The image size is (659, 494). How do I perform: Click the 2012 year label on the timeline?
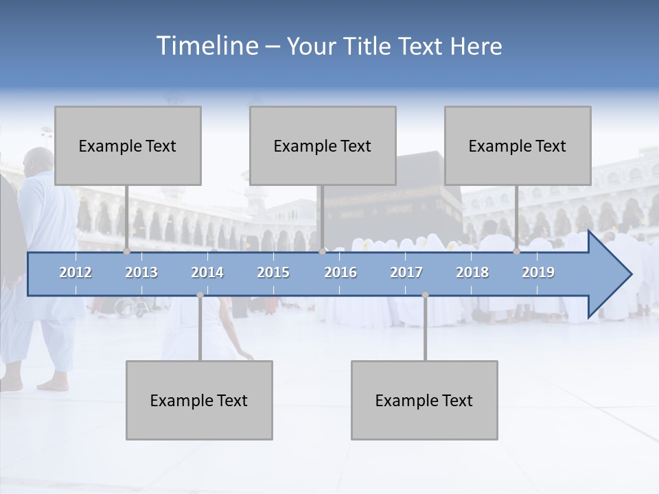[x=76, y=272]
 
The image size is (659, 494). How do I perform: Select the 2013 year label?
[x=141, y=272]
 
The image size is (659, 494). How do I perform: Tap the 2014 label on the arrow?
[x=207, y=272]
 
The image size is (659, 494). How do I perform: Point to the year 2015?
[x=273, y=272]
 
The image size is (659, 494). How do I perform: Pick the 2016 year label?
[x=340, y=272]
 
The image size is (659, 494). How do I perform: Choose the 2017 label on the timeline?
[x=406, y=272]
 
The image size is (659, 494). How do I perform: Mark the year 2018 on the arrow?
[x=472, y=272]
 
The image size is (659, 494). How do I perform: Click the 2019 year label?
[x=538, y=272]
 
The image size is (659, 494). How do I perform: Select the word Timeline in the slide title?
[x=206, y=46]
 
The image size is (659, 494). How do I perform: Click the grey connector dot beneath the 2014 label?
[x=200, y=295]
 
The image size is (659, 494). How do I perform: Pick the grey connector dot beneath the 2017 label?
[x=425, y=295]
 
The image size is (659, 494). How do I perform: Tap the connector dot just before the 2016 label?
[x=322, y=252]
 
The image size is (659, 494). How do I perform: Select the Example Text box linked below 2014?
[x=199, y=400]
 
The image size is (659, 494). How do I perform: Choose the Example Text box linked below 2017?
[x=424, y=400]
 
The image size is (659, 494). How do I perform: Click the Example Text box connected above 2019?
[x=518, y=145]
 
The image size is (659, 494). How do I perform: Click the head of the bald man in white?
[x=38, y=161]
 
